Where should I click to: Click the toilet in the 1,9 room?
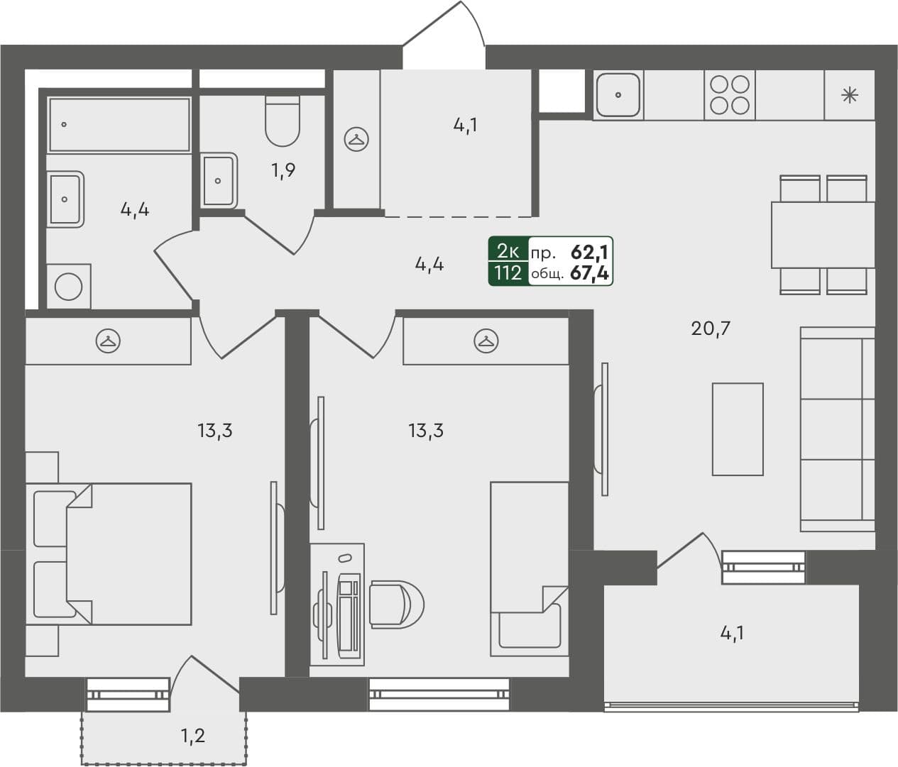pos(283,121)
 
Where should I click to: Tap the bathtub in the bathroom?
pos(119,125)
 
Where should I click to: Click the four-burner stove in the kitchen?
pos(730,95)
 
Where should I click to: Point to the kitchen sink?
pos(618,95)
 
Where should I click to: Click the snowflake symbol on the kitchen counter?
pos(849,95)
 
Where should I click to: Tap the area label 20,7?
pos(711,329)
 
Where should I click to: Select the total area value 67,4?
pos(589,273)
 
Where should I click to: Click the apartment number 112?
pos(508,273)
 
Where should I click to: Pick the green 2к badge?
pos(508,250)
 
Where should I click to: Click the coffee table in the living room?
pos(738,429)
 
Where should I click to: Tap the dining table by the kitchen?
pos(822,235)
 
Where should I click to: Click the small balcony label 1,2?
pos(192,736)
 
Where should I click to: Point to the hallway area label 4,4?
pos(429,265)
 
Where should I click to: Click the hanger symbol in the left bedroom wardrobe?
pos(108,341)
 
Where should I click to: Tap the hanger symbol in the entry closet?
pos(356,139)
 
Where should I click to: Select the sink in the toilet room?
pos(218,180)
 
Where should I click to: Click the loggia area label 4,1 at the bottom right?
pos(732,633)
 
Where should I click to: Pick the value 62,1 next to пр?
pos(589,251)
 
